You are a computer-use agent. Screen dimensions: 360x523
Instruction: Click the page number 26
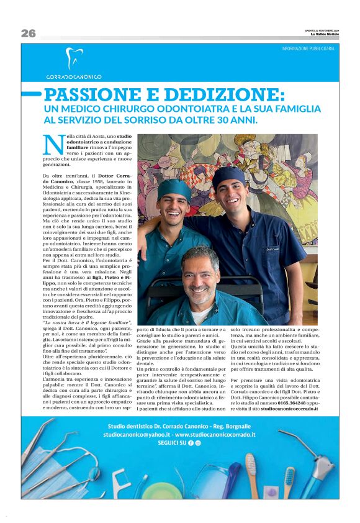pyautogui.click(x=29, y=34)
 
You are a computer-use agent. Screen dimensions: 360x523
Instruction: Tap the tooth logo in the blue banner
pyautogui.click(x=73, y=59)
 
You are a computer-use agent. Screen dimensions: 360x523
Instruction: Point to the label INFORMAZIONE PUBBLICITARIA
pyautogui.click(x=308, y=48)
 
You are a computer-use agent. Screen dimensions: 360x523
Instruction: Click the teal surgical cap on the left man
pyautogui.click(x=174, y=188)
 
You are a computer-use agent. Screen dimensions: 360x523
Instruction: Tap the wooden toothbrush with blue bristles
pyautogui.click(x=289, y=481)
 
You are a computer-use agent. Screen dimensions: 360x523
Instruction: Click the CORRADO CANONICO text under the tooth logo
pyautogui.click(x=74, y=76)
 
